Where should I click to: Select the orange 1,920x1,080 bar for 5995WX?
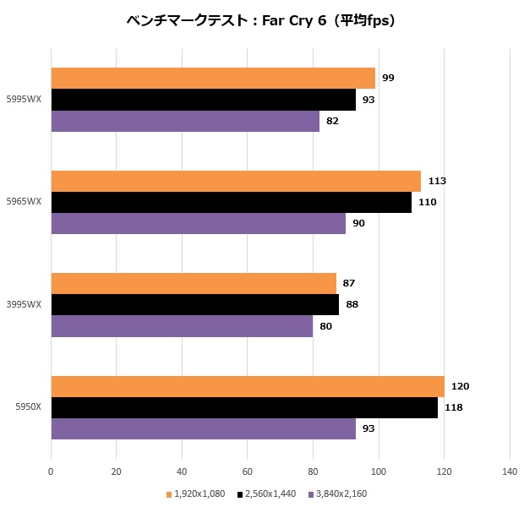[x=213, y=79]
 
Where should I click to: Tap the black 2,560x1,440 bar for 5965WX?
[x=231, y=202]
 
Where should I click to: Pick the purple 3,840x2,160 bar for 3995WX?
[x=182, y=326]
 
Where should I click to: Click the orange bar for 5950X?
[x=248, y=386]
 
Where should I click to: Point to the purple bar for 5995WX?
[x=185, y=121]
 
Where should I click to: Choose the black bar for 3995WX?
[x=194, y=304]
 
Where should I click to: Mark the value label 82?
[x=334, y=121]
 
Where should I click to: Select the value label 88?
[x=352, y=304]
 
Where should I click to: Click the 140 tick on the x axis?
[x=509, y=471]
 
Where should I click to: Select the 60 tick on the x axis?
[x=248, y=471]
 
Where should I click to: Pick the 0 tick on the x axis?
[x=52, y=471]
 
